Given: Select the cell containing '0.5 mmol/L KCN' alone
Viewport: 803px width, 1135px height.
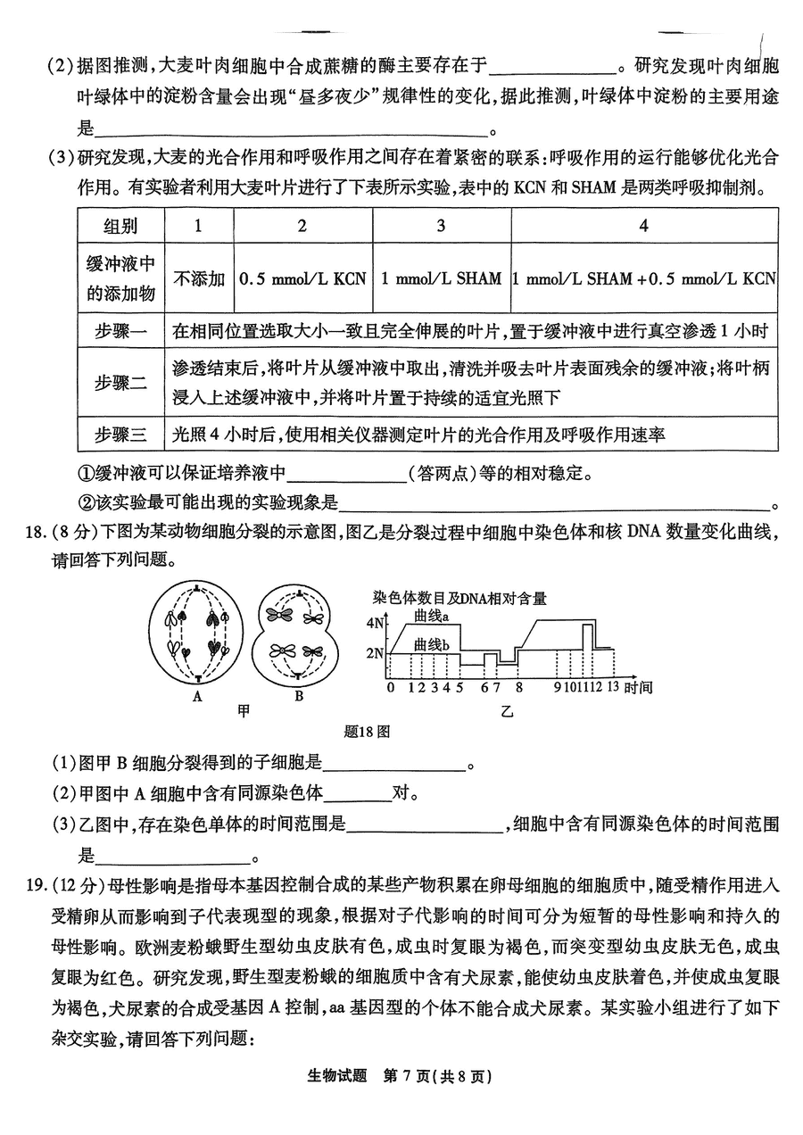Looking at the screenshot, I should pos(302,278).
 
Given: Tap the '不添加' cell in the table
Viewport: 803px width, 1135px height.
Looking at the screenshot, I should pos(200,278).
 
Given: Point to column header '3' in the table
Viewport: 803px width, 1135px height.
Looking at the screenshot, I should pos(441,226).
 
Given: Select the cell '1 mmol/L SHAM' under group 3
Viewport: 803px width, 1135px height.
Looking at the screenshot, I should pos(441,278).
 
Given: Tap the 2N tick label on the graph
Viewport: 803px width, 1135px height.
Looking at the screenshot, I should pos(375,653).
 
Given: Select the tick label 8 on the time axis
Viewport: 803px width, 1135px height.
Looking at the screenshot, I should pos(518,687).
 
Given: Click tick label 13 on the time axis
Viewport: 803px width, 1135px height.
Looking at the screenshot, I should pos(612,687).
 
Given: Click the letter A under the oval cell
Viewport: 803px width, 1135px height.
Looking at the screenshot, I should pos(197,696).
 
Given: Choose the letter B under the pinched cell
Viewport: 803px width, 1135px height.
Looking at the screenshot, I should pos(299,696).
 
